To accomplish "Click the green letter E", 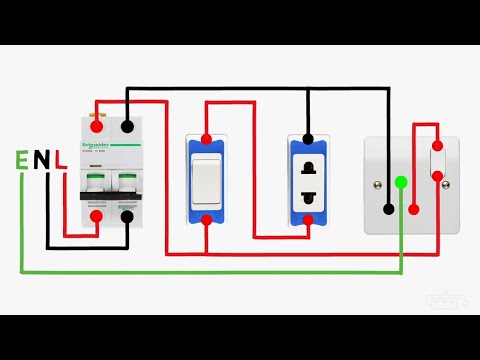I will click(x=22, y=160).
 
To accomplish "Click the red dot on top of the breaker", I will click(x=97, y=125).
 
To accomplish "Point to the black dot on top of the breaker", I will click(x=128, y=125).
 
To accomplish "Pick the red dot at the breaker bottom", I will click(x=97, y=214).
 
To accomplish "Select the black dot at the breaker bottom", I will click(x=128, y=214).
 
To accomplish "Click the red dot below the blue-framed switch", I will click(x=207, y=219).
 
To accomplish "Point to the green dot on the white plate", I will click(x=401, y=183).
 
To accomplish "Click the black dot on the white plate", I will click(x=388, y=209).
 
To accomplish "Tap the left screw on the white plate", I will click(x=378, y=185).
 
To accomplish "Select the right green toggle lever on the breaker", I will click(x=127, y=182).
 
